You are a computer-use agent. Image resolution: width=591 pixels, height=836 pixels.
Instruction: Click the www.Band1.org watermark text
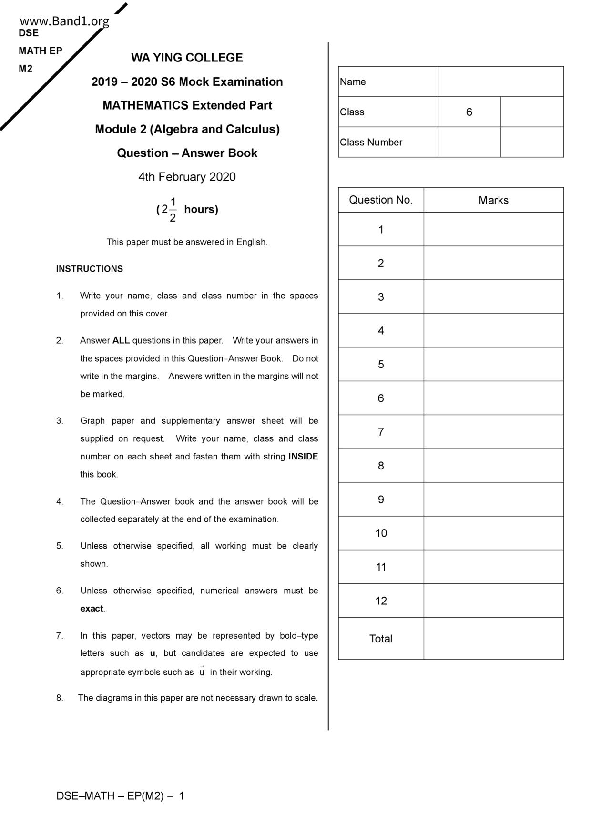click(x=64, y=21)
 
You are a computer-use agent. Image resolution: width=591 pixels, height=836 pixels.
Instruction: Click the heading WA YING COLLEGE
click(x=187, y=58)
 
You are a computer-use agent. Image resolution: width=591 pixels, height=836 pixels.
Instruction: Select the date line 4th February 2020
click(x=187, y=177)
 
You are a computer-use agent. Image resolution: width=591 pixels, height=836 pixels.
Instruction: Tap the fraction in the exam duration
click(x=173, y=210)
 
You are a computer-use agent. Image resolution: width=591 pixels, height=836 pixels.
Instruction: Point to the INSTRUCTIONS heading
click(x=90, y=269)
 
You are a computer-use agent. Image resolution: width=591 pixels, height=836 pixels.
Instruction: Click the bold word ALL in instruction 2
click(x=121, y=340)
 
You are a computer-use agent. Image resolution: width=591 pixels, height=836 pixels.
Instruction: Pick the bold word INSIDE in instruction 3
click(x=303, y=456)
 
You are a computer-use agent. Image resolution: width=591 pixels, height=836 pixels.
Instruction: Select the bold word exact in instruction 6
click(x=92, y=609)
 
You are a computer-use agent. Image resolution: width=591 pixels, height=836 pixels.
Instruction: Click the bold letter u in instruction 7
click(x=153, y=653)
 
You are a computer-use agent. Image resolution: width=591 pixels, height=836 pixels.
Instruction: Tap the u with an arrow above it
click(x=202, y=672)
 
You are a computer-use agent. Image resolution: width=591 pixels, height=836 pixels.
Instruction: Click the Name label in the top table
click(x=353, y=82)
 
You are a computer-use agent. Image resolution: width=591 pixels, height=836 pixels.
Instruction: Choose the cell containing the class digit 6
click(x=469, y=112)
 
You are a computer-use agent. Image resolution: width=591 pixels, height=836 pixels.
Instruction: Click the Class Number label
click(x=371, y=142)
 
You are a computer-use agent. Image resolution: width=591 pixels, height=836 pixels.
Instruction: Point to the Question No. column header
click(x=381, y=200)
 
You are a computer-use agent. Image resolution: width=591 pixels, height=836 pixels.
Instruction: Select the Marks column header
click(x=493, y=200)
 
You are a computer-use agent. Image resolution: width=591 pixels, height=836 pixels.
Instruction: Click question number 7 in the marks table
click(x=381, y=432)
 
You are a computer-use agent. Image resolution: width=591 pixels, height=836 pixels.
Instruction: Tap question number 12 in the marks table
click(x=381, y=601)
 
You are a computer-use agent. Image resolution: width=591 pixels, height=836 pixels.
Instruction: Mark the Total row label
click(x=381, y=639)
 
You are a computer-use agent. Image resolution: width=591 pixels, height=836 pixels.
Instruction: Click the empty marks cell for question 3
click(x=493, y=297)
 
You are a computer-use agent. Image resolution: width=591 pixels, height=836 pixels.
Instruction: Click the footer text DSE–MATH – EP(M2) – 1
click(x=120, y=795)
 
